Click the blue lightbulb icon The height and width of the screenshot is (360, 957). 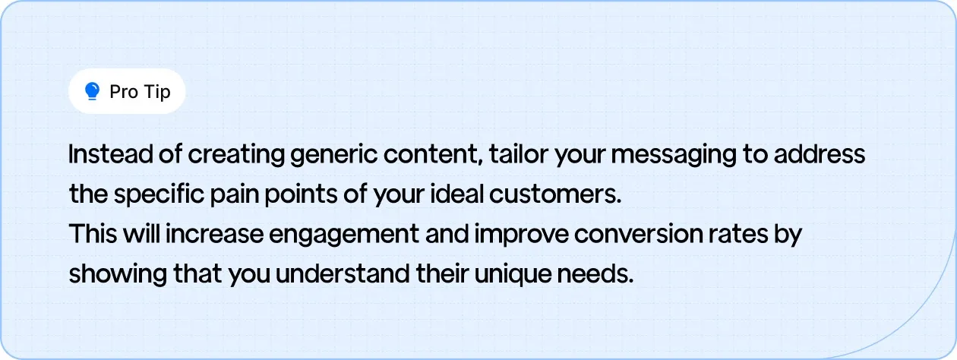pyautogui.click(x=93, y=92)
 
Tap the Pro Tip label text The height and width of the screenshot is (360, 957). pyautogui.click(x=140, y=92)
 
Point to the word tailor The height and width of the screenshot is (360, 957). pyautogui.click(x=513, y=154)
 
